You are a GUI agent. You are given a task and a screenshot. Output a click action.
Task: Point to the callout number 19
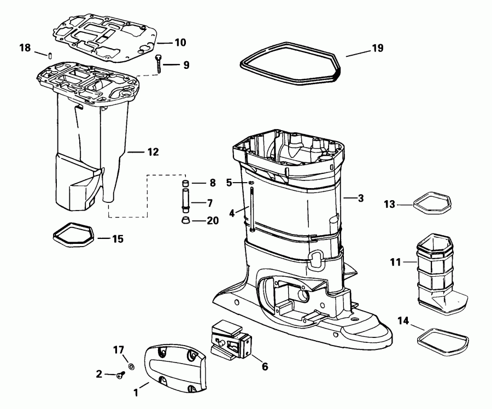(377, 49)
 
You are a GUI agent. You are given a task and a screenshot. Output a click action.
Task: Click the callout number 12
(153, 152)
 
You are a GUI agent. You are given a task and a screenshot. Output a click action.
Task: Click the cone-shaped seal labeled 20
(185, 220)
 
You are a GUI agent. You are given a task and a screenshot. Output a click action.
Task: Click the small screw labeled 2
(121, 375)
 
